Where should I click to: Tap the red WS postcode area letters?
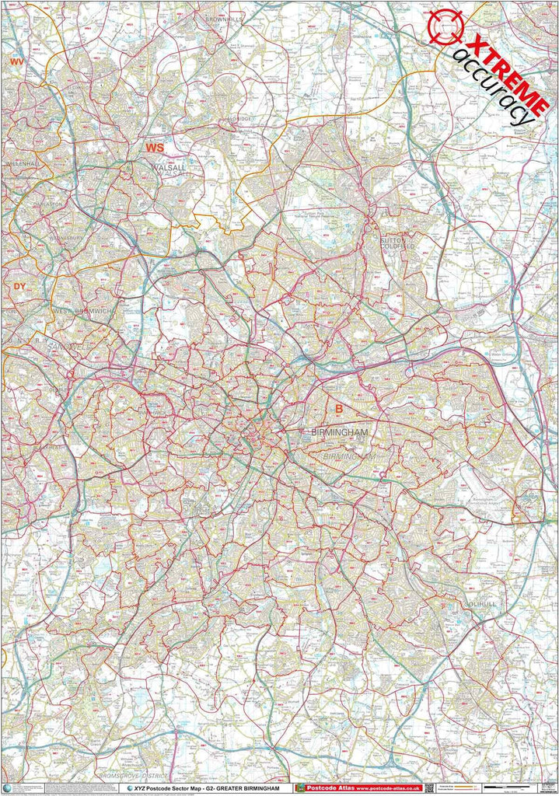click(x=155, y=146)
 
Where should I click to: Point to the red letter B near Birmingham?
click(x=338, y=408)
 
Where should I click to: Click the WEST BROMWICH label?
click(x=83, y=310)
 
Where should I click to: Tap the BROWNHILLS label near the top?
click(x=224, y=17)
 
